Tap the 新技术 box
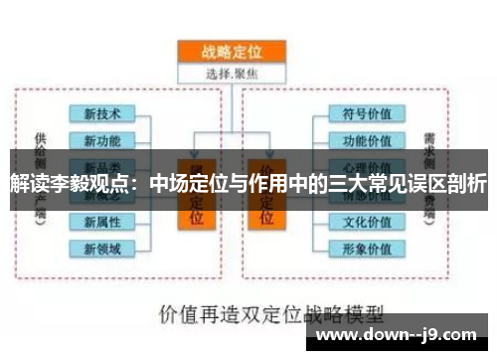(102, 113)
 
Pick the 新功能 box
(102, 140)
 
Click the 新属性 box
(102, 221)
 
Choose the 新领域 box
(102, 248)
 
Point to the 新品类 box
(102, 165)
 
